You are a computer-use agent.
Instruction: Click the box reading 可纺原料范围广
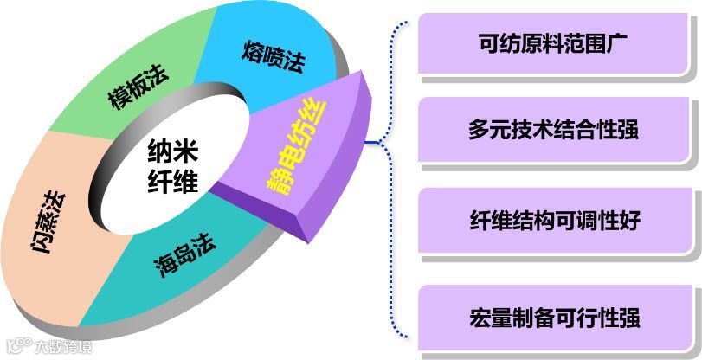pos(558,42)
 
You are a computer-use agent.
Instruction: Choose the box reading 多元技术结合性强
pos(558,132)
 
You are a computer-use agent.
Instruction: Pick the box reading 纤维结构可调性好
pos(558,221)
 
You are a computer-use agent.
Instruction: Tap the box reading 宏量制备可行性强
pos(558,316)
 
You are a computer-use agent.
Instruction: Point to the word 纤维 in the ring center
pos(171,183)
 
